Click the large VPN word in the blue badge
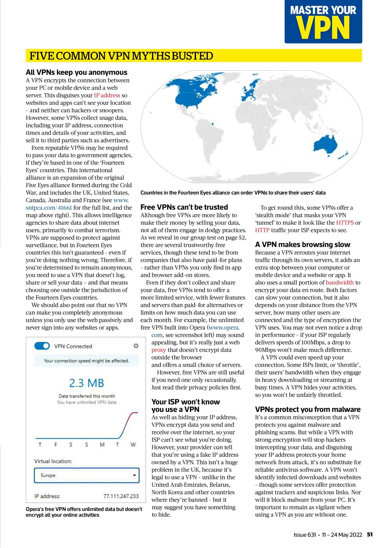323,28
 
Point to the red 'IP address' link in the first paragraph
107,95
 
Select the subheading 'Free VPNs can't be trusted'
184,207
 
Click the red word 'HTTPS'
345,223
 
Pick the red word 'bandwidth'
340,283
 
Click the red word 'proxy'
159,350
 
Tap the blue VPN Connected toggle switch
42,346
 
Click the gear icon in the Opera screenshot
136,345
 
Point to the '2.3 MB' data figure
86,383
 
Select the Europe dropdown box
87,476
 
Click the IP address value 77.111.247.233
121,497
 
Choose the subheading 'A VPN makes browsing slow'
303,244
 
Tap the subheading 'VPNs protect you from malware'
308,409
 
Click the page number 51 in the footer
370,534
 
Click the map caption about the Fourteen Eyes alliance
233,193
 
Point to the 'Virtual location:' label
53,462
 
